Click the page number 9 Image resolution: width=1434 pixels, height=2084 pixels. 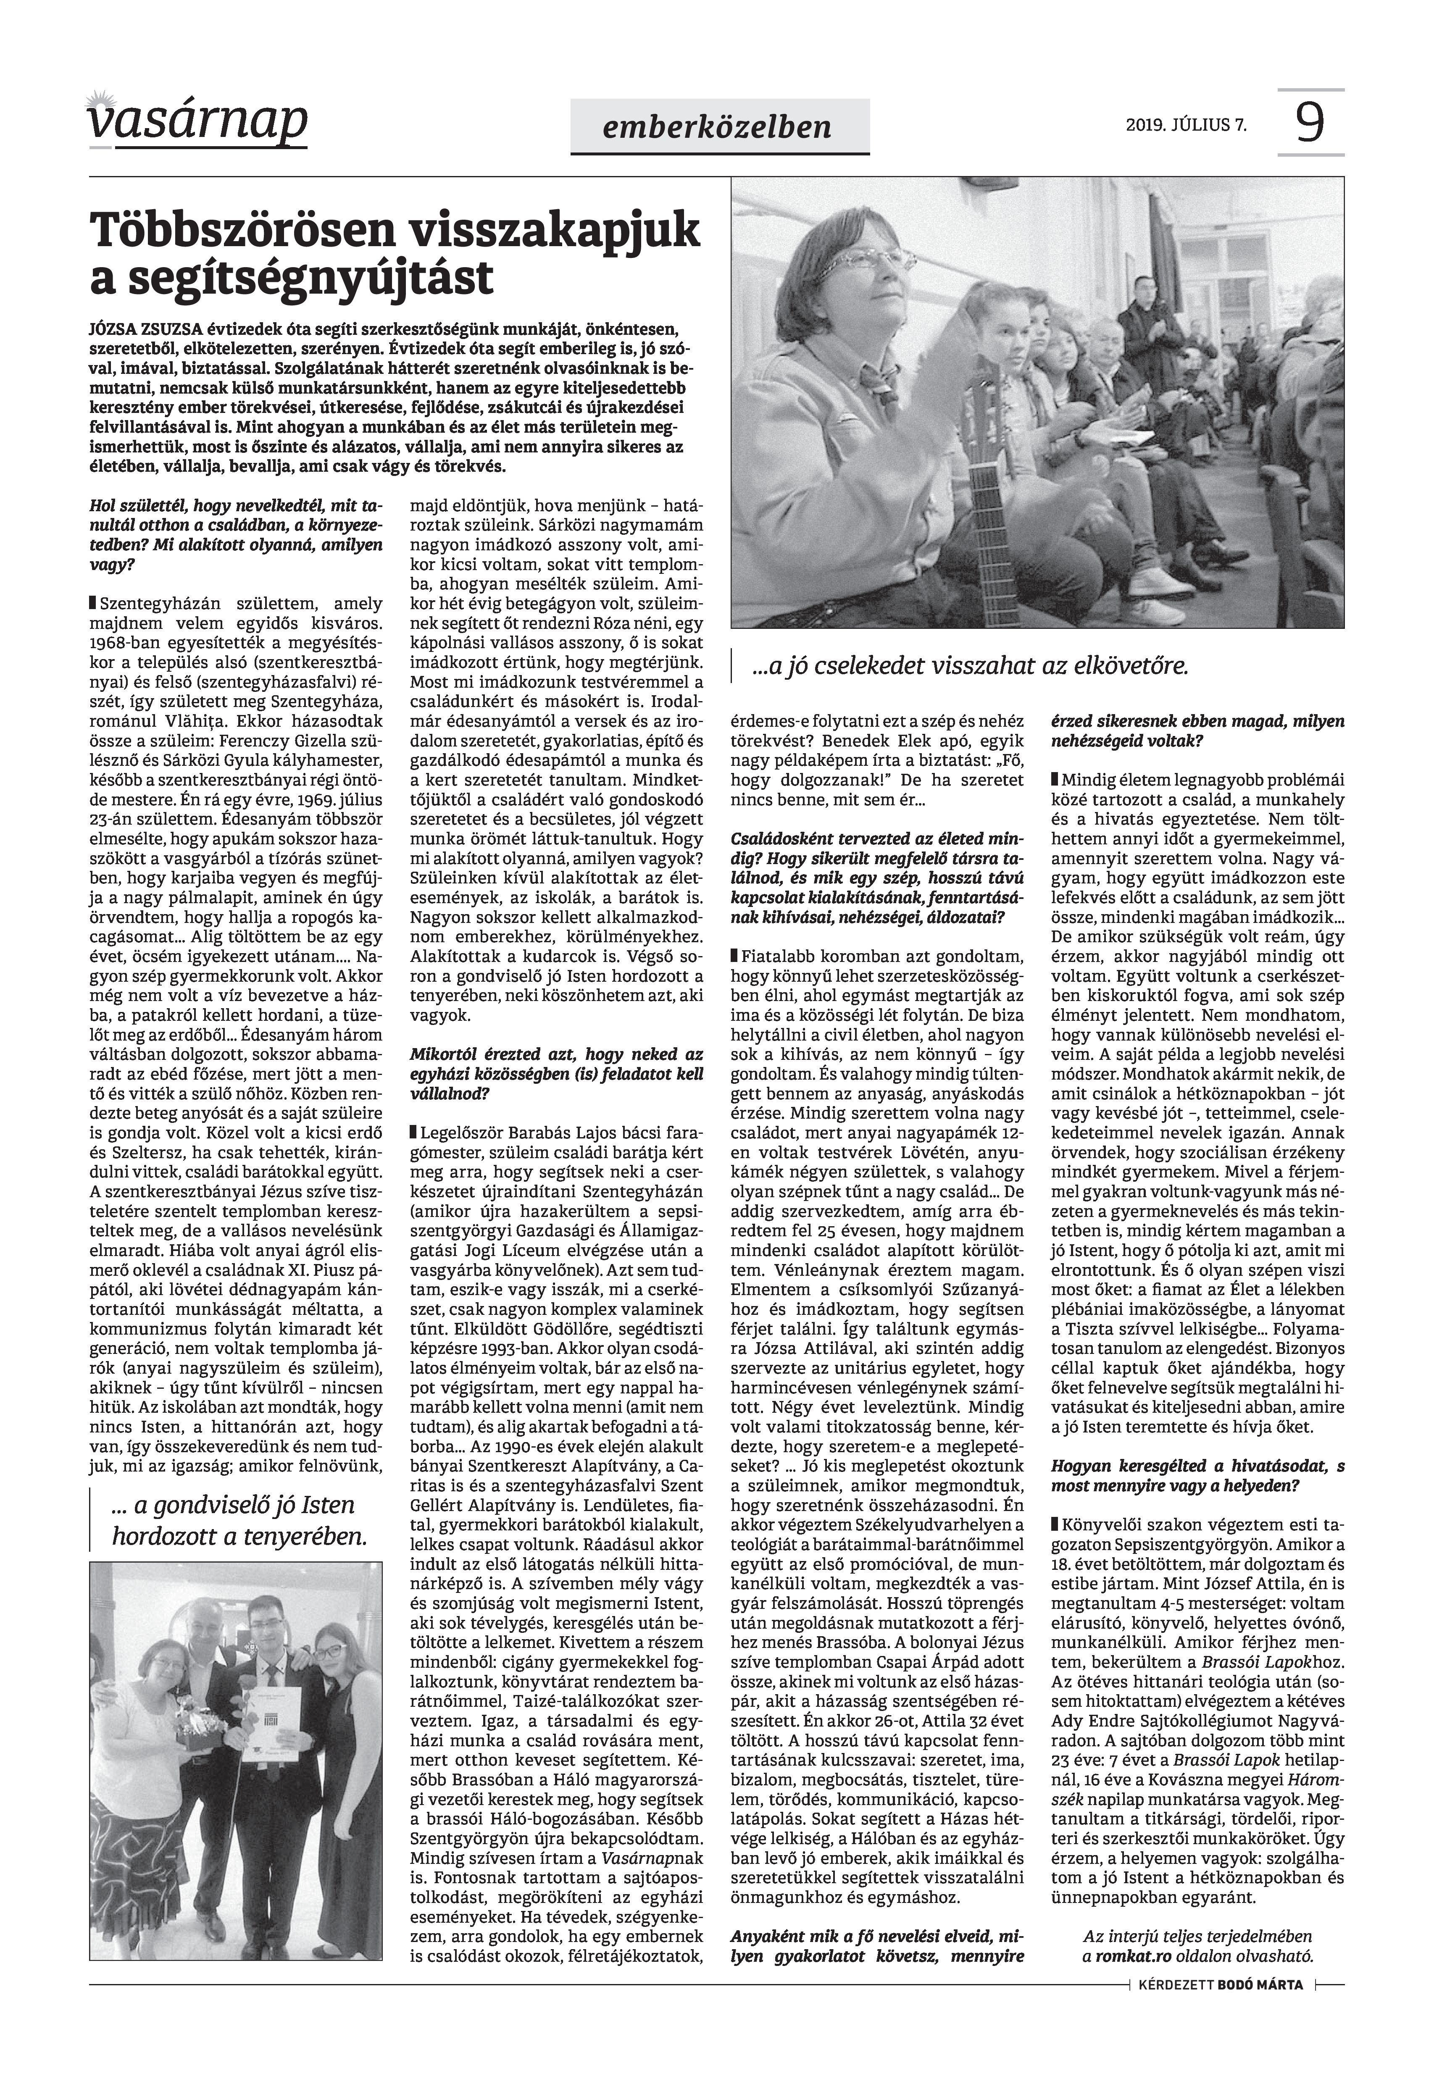click(x=1310, y=123)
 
